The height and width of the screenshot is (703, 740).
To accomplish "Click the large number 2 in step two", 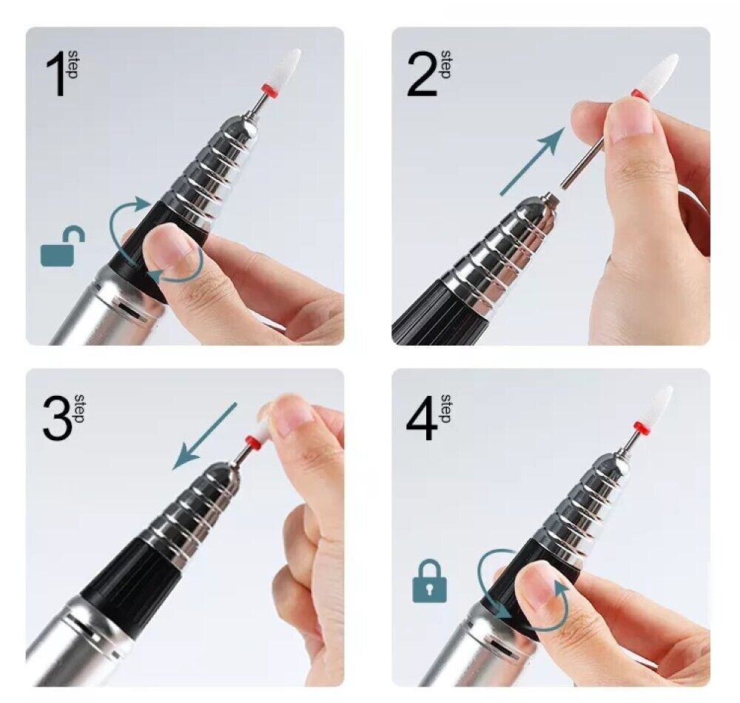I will point(422,75).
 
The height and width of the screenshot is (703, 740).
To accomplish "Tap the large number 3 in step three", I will point(56,418).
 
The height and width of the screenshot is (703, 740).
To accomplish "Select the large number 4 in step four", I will point(423,418).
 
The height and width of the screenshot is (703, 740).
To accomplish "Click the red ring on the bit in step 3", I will point(253,443).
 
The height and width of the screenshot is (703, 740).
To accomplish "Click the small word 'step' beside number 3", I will point(81,408).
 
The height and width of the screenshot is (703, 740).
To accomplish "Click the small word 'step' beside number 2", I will point(445,64).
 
